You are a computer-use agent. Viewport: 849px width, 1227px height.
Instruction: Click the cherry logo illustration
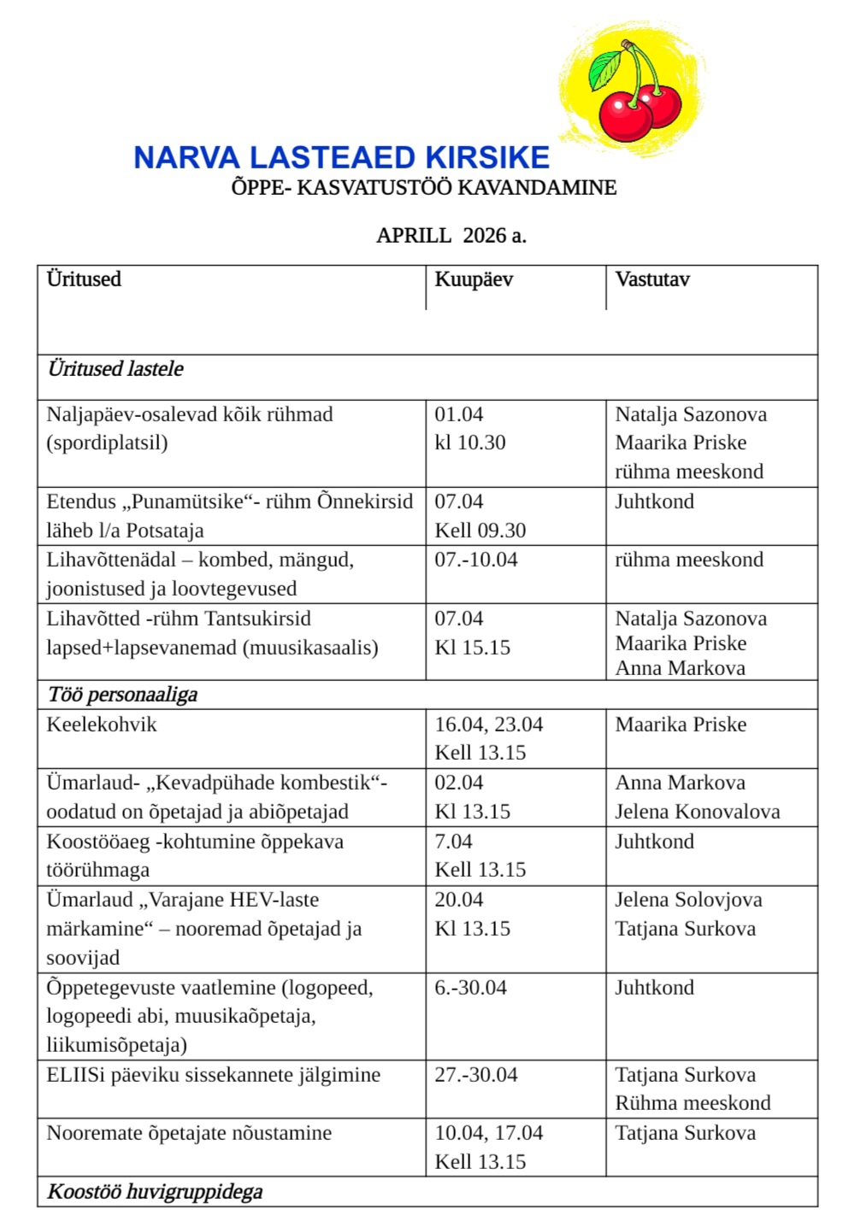tap(634, 92)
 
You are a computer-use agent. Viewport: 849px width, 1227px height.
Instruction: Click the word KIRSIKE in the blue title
tap(487, 158)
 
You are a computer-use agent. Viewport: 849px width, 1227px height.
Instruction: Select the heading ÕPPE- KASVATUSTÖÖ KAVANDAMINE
tap(423, 188)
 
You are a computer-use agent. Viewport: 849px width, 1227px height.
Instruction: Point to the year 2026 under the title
tap(485, 236)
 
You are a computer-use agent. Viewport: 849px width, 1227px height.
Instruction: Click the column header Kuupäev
tap(474, 279)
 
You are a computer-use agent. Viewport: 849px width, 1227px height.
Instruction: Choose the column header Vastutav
tap(652, 279)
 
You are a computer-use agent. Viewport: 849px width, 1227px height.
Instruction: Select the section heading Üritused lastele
tap(115, 369)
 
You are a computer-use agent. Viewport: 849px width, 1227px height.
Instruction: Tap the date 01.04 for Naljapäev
tap(459, 414)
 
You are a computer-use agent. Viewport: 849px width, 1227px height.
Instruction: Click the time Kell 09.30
tap(481, 531)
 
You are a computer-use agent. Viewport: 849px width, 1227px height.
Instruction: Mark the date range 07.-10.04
tap(476, 560)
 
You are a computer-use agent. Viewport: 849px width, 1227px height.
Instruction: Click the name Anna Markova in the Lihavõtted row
tap(681, 668)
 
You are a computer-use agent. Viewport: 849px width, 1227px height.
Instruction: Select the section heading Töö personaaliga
tap(122, 695)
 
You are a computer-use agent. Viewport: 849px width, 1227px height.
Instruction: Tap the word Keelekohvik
tap(102, 725)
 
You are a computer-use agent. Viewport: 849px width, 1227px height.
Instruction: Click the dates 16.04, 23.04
tap(489, 725)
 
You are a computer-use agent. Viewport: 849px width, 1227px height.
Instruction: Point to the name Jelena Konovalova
tap(698, 812)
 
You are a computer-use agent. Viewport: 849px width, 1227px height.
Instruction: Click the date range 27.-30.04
tap(476, 1075)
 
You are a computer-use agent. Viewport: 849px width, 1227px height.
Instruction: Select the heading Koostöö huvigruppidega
tap(155, 1192)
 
